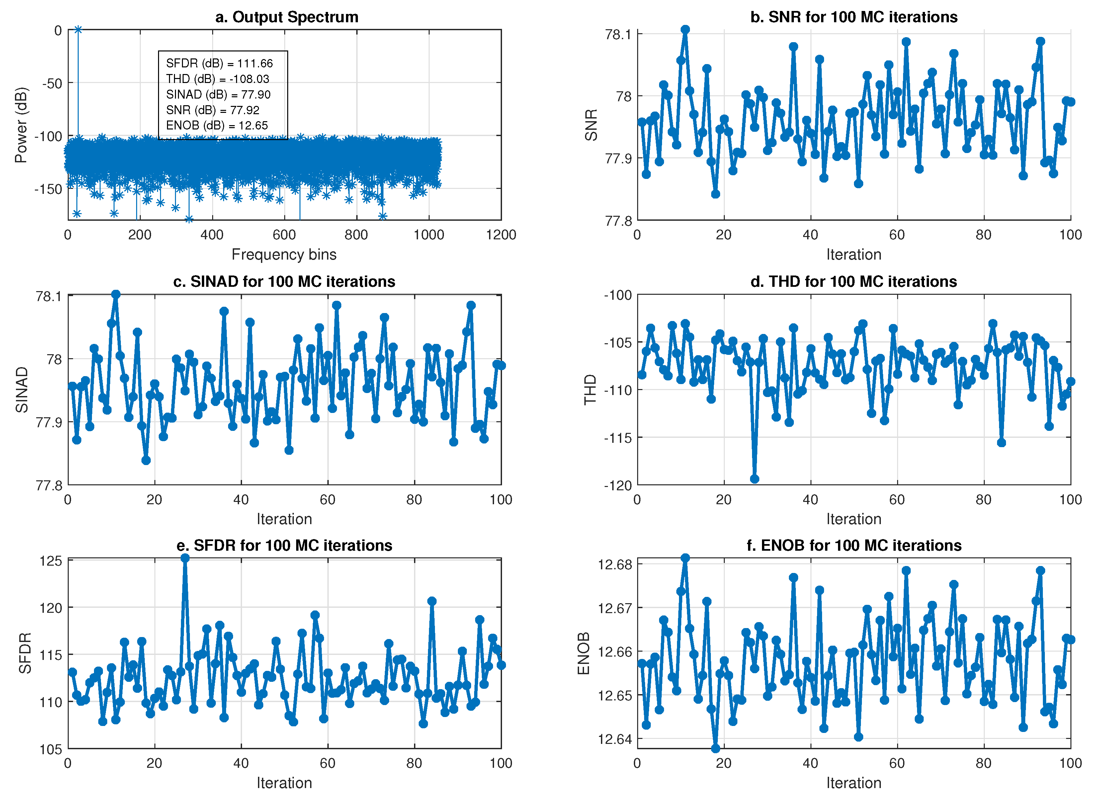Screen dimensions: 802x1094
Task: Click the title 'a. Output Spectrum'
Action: click(287, 17)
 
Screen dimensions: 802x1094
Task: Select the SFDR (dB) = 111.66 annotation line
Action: click(219, 63)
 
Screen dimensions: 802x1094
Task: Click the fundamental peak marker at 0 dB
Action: click(78, 30)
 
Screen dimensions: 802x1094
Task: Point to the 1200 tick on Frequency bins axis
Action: click(501, 235)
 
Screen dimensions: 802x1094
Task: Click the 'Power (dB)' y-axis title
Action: click(21, 125)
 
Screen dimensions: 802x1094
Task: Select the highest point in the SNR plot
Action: click(685, 30)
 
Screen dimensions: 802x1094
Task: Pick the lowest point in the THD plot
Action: click(754, 479)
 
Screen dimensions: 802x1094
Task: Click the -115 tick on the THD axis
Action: click(618, 438)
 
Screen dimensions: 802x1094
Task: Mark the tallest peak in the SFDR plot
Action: click(185, 558)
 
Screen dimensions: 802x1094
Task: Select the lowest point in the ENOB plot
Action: click(715, 749)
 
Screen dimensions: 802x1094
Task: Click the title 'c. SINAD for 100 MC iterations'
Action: click(284, 281)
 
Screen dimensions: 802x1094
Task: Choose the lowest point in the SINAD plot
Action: click(146, 460)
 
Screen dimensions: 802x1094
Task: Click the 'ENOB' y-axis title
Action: click(583, 653)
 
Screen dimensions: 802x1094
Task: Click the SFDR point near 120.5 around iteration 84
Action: click(431, 601)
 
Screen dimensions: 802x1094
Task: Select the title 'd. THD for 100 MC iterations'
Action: click(853, 281)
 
